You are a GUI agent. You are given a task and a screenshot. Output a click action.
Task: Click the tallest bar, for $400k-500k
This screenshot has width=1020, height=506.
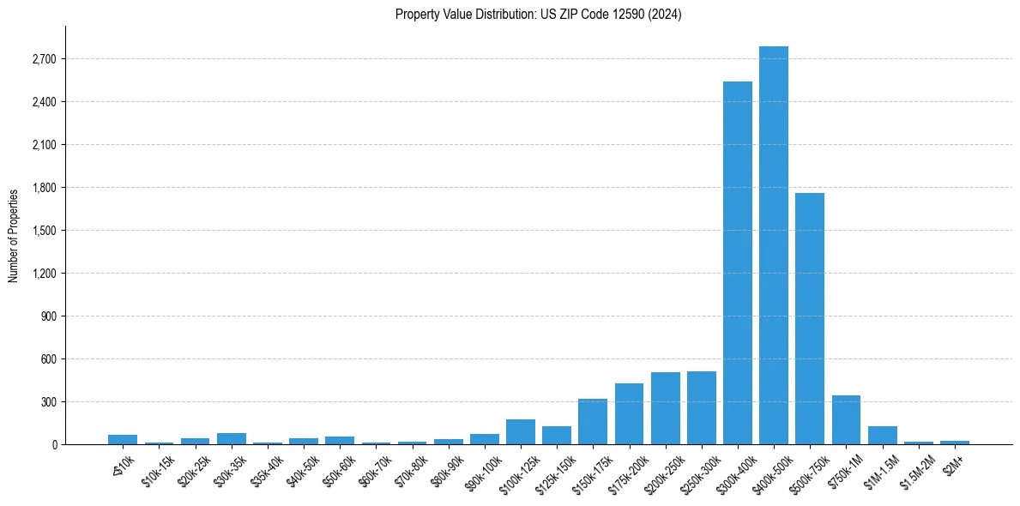click(773, 245)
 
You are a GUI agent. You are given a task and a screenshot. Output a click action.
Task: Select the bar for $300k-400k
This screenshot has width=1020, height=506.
click(737, 262)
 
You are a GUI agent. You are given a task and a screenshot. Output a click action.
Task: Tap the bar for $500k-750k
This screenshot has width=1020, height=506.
click(809, 318)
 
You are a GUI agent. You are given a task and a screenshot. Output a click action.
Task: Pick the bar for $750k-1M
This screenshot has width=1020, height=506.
click(846, 419)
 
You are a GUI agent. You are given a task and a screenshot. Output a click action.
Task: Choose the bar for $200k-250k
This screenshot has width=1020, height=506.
click(665, 408)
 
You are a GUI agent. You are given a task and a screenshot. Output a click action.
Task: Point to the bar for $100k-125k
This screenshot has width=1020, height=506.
click(521, 431)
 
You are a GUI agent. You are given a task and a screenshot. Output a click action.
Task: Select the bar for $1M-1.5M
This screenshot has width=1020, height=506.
click(882, 435)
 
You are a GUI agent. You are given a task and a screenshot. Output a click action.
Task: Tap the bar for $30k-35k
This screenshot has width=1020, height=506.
click(232, 438)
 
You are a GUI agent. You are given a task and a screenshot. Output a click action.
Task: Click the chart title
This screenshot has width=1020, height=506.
click(538, 15)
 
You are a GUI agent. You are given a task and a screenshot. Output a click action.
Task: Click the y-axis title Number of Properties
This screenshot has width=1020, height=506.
click(14, 235)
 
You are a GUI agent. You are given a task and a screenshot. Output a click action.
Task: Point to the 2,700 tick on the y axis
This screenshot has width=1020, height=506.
click(44, 59)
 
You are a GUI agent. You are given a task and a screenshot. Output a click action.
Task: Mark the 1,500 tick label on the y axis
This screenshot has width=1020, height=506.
click(44, 231)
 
